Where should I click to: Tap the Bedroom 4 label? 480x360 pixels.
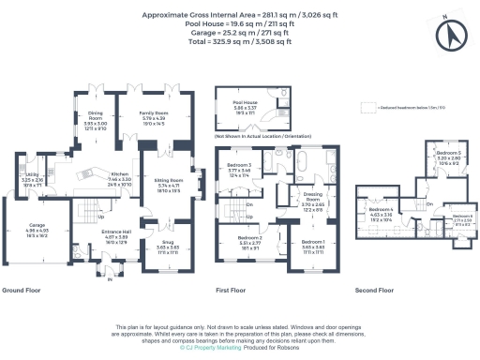click(x=380, y=212)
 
